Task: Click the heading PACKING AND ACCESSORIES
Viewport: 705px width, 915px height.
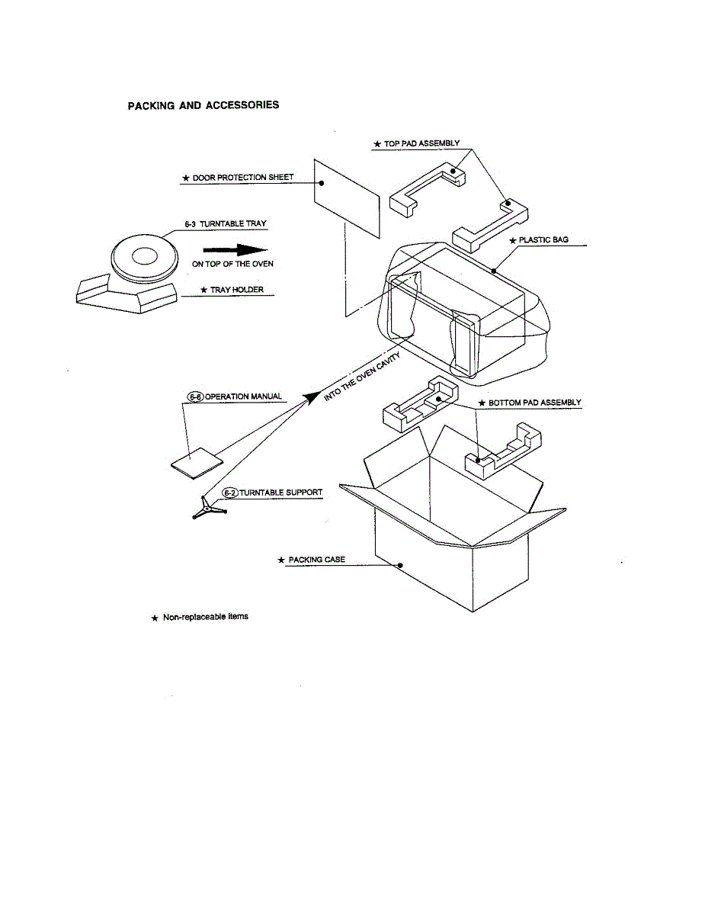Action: [x=203, y=104]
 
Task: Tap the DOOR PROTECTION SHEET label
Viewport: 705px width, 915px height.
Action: [x=242, y=178]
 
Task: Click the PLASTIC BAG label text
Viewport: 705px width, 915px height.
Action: [x=543, y=239]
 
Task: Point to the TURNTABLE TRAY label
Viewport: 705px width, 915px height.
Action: [x=226, y=223]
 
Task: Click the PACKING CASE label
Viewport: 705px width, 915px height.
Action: [x=316, y=560]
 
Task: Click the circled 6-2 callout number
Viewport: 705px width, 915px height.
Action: [x=229, y=493]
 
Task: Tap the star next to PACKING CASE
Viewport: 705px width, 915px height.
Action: [x=281, y=560]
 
